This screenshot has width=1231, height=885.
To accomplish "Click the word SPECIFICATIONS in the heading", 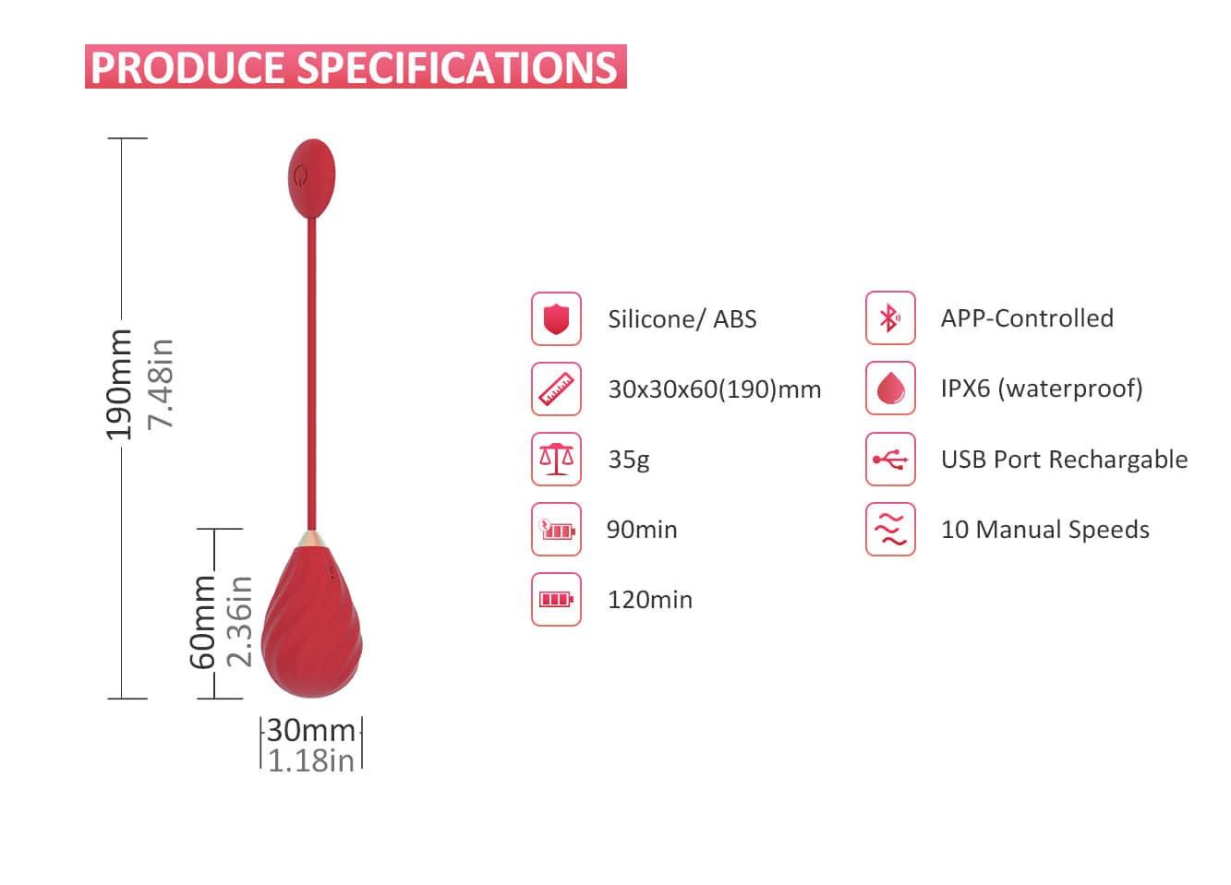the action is coord(457,67).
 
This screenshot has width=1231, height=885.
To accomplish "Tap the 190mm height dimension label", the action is coord(119,385).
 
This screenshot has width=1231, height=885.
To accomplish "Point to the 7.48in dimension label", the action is coord(161,384).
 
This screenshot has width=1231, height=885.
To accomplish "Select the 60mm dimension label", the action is coord(202,622).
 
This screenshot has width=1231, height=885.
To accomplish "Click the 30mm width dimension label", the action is coord(311,731).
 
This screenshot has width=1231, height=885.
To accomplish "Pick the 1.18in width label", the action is coord(311,761).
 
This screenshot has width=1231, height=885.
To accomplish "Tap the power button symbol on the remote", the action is coord(300,176).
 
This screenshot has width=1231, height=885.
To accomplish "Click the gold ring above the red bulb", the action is coord(312,539).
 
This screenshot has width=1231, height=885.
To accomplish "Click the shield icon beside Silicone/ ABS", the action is coord(556,319).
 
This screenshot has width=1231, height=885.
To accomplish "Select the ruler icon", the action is coord(556,389).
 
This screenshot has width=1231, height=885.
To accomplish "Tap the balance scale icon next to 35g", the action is coord(556,459).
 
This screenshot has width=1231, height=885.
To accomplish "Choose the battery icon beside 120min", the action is coord(556,600).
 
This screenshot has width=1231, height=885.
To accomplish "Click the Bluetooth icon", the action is coord(890,317).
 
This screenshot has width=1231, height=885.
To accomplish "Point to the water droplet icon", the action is coord(890,389).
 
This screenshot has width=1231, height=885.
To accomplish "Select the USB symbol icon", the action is coord(890,459).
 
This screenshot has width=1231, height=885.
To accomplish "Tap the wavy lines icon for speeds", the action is coord(890,529).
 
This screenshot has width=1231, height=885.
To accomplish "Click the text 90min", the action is coord(642,530).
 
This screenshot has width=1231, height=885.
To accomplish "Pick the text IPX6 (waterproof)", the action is coord(1042,389).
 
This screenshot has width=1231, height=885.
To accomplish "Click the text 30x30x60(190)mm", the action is coord(715,389).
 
